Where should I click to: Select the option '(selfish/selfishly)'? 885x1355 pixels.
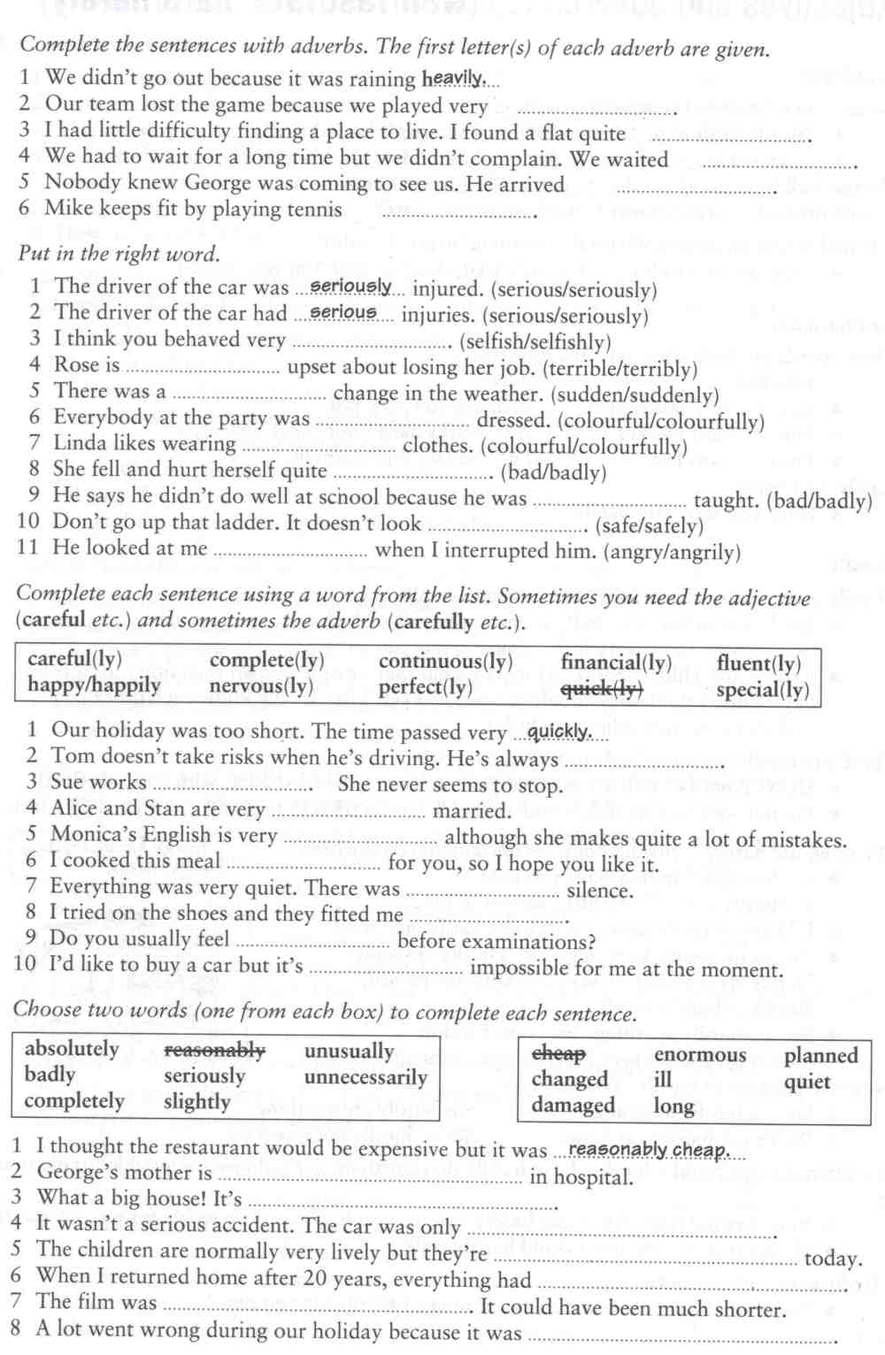[535, 342]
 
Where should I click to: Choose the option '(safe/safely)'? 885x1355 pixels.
[650, 525]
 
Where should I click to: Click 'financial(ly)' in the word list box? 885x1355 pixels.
[616, 662]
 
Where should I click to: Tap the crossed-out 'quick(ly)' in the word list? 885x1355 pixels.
[602, 688]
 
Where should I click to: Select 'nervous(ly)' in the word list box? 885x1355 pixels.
[261, 686]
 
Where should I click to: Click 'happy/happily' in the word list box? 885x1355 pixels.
[94, 685]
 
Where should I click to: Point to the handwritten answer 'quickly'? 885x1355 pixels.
[559, 731]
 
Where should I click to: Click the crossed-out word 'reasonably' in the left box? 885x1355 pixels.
[214, 1051]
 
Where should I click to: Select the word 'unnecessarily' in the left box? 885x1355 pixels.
[366, 1077]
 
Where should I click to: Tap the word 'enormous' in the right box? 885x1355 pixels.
[699, 1055]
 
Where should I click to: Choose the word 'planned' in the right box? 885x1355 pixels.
[820, 1055]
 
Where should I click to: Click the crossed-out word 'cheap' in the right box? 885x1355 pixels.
[558, 1053]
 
